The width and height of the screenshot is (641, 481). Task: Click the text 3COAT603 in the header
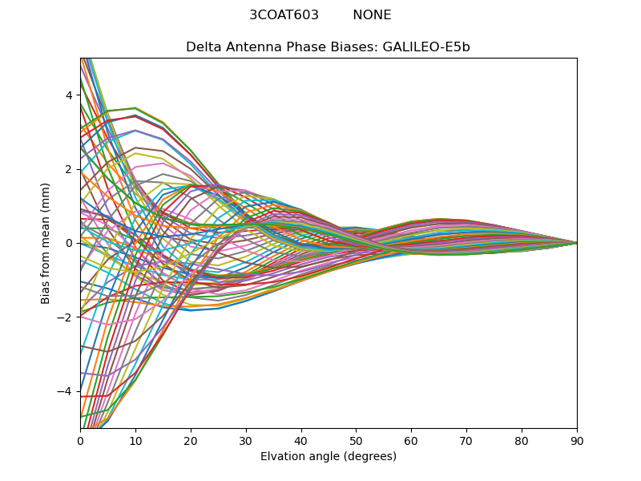point(284,15)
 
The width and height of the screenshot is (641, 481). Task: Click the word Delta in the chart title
point(204,47)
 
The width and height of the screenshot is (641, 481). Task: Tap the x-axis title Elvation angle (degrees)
point(328,457)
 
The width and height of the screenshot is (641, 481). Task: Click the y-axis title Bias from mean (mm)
point(46,243)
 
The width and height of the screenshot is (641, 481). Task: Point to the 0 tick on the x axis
point(80,440)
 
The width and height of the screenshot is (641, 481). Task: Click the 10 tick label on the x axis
point(135,440)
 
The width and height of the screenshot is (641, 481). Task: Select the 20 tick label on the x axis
point(191,440)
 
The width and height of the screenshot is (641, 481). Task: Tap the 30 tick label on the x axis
point(246,440)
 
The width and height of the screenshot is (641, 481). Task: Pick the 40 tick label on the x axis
point(300,440)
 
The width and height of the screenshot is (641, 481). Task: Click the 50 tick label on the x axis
point(356,440)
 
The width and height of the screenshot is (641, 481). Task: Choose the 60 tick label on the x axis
point(411,440)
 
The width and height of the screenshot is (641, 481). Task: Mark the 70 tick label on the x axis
point(466,440)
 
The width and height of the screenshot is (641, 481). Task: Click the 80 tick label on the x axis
point(522,440)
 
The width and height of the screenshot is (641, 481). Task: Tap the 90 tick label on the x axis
point(577,440)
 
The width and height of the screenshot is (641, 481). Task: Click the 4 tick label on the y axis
point(69,95)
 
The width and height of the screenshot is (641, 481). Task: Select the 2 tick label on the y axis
point(69,169)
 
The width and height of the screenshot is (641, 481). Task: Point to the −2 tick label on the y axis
point(66,317)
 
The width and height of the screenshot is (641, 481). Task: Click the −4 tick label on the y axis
point(66,391)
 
